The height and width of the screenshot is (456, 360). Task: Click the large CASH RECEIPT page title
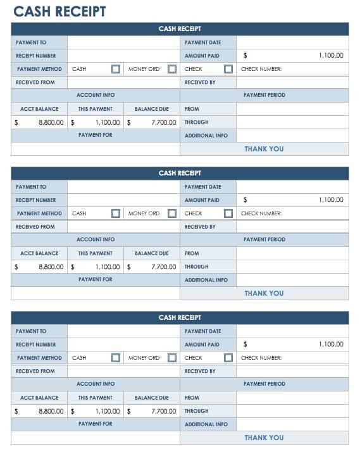pyautogui.click(x=59, y=11)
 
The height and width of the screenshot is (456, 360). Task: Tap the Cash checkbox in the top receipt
pyautogui.click(x=116, y=69)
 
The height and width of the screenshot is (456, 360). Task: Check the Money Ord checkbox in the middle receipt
pyautogui.click(x=172, y=213)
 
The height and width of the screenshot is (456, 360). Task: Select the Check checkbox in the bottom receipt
pyautogui.click(x=228, y=358)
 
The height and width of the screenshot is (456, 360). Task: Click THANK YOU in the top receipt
pyautogui.click(x=264, y=149)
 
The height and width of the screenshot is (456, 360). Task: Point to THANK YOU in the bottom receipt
pyautogui.click(x=264, y=438)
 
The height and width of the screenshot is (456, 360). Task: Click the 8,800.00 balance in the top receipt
pyautogui.click(x=51, y=122)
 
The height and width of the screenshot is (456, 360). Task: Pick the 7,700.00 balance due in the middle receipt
pyautogui.click(x=163, y=267)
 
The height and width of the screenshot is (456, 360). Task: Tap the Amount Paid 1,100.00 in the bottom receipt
pyautogui.click(x=331, y=345)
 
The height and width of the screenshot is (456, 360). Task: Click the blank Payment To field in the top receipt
pyautogui.click(x=123, y=42)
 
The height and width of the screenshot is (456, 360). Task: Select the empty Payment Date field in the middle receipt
pyautogui.click(x=292, y=187)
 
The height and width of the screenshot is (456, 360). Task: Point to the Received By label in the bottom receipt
pyautogui.click(x=200, y=371)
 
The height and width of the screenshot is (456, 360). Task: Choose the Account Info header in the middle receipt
pyautogui.click(x=96, y=239)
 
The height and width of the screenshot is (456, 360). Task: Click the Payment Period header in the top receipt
pyautogui.click(x=264, y=95)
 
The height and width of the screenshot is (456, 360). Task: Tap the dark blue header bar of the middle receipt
pyautogui.click(x=180, y=173)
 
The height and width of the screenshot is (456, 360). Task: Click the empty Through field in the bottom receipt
pyautogui.click(x=292, y=411)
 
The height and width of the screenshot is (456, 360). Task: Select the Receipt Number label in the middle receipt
pyautogui.click(x=36, y=200)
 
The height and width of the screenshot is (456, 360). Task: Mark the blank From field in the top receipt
pyautogui.click(x=292, y=109)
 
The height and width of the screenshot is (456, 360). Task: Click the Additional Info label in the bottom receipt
pyautogui.click(x=206, y=424)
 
